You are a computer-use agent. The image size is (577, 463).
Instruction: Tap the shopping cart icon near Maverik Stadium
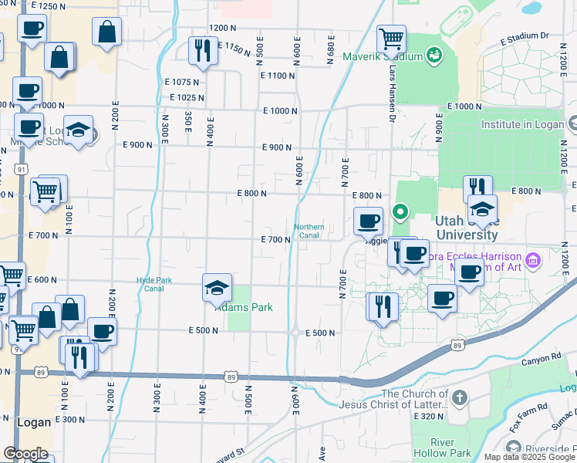(x=391, y=38)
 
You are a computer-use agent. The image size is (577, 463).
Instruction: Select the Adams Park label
(x=244, y=307)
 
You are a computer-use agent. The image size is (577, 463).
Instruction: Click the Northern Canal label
(x=309, y=231)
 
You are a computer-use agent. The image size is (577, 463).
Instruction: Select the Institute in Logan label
(x=522, y=123)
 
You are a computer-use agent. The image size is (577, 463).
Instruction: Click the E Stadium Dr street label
(x=524, y=35)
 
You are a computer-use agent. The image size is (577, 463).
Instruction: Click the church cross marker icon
(x=460, y=398)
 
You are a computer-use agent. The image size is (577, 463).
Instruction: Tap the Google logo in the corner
(x=25, y=453)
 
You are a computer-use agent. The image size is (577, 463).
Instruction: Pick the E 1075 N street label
(x=186, y=82)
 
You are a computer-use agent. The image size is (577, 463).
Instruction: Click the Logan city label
(x=33, y=422)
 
